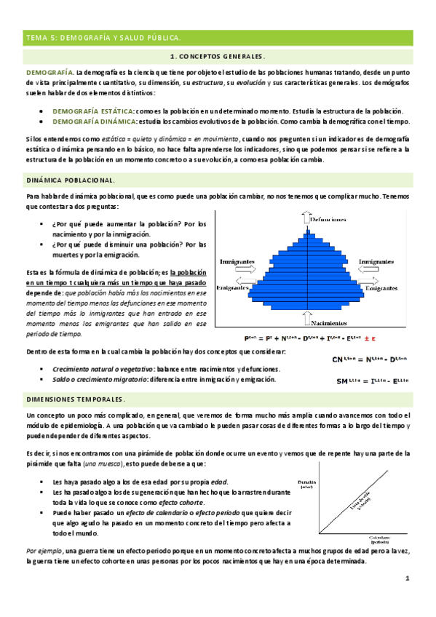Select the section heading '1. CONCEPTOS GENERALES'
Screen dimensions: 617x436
tap(218, 56)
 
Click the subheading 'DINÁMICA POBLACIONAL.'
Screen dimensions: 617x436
tap(69, 179)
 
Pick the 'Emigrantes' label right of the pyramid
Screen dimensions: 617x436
tap(381, 288)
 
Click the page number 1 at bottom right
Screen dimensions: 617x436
tap(408, 578)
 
